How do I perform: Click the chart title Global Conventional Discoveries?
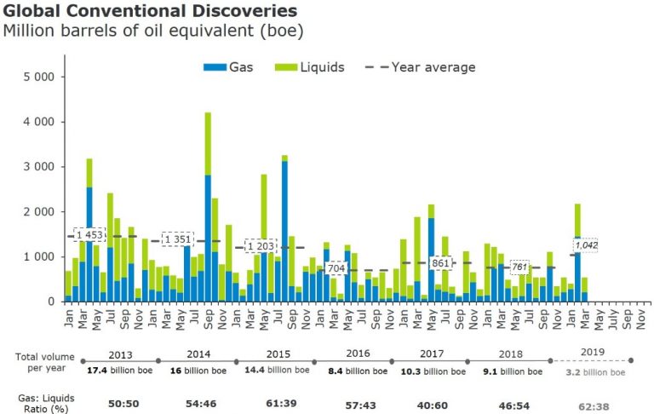coord(151,11)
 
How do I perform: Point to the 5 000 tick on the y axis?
coord(38,77)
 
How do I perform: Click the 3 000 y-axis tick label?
coord(38,166)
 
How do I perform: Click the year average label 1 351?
coord(178,240)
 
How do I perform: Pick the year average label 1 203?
coord(261,247)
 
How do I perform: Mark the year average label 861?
coord(439,263)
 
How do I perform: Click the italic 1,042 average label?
coord(585,245)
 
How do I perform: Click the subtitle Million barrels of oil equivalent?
coord(153,32)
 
